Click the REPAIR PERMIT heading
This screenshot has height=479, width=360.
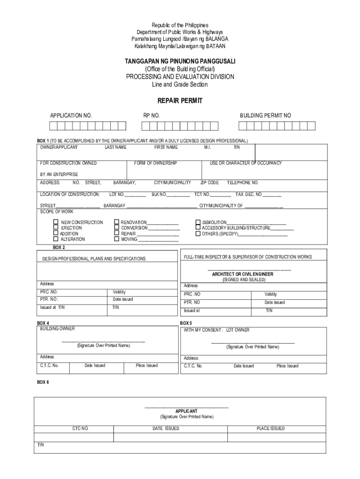[180, 101]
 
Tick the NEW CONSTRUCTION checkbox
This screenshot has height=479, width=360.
[56, 222]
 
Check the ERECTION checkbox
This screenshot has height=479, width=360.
[56, 228]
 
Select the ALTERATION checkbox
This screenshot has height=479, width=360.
[56, 239]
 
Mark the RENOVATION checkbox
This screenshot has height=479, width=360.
[116, 222]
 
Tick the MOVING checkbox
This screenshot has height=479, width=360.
[116, 239]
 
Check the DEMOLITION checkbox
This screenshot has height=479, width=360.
[198, 222]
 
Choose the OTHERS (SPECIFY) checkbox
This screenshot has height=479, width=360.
[198, 233]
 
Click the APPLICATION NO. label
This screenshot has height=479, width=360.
[71, 116]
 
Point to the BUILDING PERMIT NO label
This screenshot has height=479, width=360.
[265, 116]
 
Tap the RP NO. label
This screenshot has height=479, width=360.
[151, 116]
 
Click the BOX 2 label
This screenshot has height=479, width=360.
[58, 247]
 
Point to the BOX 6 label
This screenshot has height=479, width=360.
[43, 382]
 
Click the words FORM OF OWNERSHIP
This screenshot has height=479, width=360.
[155, 163]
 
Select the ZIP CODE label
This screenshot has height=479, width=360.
[209, 183]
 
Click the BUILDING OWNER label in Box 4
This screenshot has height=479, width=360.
[57, 329]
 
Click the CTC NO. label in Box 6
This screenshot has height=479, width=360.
[80, 428]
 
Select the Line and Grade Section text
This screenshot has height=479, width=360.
[180, 85]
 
